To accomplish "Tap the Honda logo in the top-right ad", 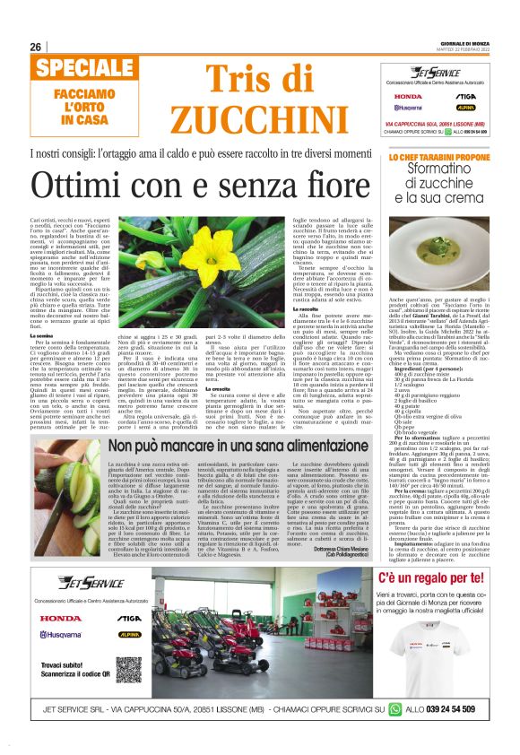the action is tap(408, 96).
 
